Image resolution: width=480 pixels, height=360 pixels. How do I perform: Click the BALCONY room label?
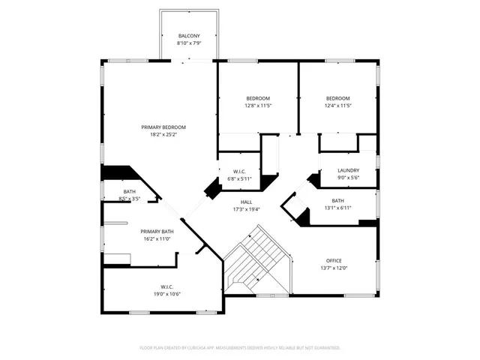pyautogui.click(x=189, y=36)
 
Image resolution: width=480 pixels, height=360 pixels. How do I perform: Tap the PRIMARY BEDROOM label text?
pyautogui.click(x=163, y=127)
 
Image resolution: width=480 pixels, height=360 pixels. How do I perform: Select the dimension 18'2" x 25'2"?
pyautogui.click(x=163, y=135)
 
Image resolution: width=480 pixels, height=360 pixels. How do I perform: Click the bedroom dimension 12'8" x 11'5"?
pyautogui.click(x=258, y=106)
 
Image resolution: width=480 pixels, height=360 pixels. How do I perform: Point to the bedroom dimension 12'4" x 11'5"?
pyautogui.click(x=337, y=106)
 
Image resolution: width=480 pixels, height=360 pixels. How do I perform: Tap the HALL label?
pyautogui.click(x=246, y=202)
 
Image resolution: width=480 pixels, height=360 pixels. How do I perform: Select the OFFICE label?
pyautogui.click(x=334, y=260)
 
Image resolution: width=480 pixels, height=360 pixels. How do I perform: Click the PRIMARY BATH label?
pyautogui.click(x=157, y=232)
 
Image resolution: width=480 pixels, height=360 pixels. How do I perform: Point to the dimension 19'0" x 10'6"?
pyautogui.click(x=166, y=293)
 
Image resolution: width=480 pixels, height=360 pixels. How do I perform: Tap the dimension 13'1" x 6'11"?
pyautogui.click(x=337, y=208)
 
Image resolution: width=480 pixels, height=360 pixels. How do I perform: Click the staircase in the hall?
pyautogui.click(x=255, y=262)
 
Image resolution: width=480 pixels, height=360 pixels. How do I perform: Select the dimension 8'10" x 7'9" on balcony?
pyautogui.click(x=189, y=43)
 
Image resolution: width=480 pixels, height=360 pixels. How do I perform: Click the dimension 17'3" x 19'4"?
pyautogui.click(x=246, y=209)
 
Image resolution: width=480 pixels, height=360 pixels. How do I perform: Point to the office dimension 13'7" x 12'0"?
pyautogui.click(x=334, y=268)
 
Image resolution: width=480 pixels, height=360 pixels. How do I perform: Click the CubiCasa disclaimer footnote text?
pyautogui.click(x=240, y=348)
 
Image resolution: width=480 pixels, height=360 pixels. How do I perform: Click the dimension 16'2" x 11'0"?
pyautogui.click(x=157, y=239)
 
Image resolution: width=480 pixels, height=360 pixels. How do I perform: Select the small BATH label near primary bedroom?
pyautogui.click(x=130, y=192)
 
